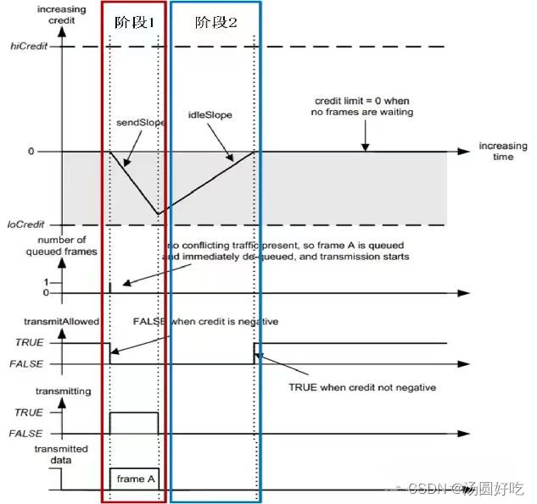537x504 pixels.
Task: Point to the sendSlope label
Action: [x=140, y=123]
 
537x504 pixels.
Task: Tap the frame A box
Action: [x=134, y=479]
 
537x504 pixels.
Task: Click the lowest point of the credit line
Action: [x=157, y=214]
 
